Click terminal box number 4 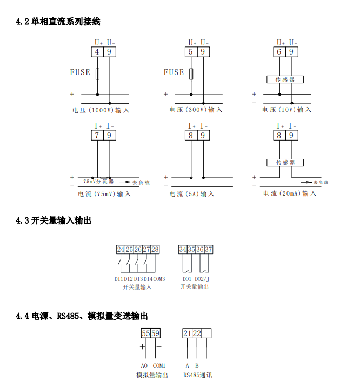97,52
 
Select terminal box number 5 191,52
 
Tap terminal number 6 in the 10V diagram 279,52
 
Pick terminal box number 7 97,136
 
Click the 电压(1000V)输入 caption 101,110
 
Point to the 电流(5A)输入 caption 192,194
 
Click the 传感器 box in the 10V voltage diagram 285,79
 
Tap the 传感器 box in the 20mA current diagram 285,162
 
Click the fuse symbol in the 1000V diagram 97,74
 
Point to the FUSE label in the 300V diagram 174,72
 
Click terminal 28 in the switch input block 155,250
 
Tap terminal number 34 183,250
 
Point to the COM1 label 159,366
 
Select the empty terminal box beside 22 207,333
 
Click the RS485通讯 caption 197,375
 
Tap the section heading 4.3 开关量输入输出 54,220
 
